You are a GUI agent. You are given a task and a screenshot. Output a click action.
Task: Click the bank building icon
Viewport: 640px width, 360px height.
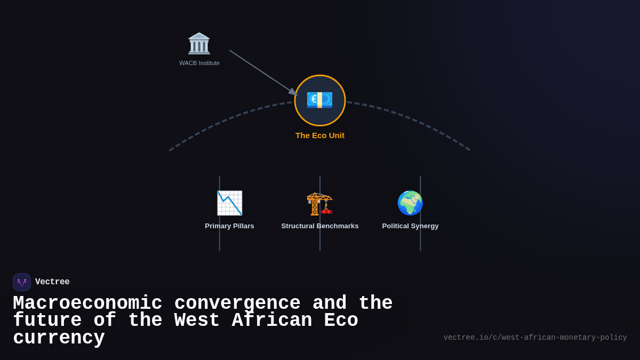click(199, 44)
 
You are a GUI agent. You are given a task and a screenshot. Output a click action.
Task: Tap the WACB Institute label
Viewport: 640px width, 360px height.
click(199, 63)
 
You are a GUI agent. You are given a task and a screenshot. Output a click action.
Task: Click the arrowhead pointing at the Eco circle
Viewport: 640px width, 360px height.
click(293, 92)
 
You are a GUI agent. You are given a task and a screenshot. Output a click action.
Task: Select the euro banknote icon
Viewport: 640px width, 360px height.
click(319, 100)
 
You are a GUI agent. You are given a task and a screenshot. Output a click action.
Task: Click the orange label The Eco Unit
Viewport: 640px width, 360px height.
click(320, 135)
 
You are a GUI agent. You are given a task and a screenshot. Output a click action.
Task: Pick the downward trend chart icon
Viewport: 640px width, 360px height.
click(229, 203)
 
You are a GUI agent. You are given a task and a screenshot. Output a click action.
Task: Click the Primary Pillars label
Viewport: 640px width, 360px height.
click(229, 226)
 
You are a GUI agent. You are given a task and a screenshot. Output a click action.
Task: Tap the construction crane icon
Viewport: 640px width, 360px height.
click(319, 203)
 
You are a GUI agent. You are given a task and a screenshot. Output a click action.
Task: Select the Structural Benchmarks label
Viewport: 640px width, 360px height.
click(320, 226)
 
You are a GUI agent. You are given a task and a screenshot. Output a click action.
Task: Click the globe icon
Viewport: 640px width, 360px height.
click(410, 203)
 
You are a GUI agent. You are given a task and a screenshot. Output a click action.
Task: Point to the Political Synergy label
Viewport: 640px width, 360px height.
click(410, 226)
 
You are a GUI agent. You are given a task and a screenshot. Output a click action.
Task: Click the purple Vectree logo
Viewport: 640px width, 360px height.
click(22, 282)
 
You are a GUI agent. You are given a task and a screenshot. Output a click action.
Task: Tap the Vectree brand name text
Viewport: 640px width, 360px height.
click(52, 282)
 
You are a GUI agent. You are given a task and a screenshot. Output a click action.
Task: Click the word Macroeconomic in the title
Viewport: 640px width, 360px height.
click(87, 303)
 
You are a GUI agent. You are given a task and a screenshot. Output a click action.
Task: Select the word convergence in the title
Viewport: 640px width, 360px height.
click(237, 303)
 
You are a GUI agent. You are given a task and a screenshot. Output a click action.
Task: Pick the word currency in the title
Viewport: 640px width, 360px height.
click(59, 338)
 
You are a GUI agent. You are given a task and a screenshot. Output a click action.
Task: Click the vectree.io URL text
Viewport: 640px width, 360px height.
click(535, 338)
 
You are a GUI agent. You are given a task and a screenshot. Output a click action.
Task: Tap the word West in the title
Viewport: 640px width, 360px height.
click(197, 321)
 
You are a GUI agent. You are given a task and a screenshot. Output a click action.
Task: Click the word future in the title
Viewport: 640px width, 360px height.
click(47, 321)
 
